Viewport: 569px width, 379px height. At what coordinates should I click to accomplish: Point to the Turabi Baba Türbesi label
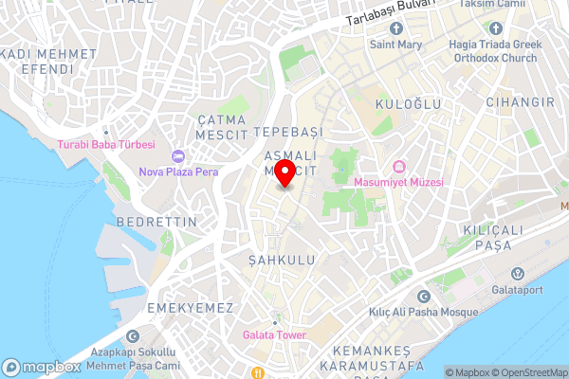coord(105,144)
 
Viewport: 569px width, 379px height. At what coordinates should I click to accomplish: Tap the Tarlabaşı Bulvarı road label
coord(389,11)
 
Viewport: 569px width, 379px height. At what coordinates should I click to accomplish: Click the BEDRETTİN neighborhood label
coord(156,221)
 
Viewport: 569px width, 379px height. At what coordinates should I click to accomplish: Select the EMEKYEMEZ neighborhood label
coord(190,308)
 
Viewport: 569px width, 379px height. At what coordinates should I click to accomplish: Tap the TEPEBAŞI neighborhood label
coord(289,131)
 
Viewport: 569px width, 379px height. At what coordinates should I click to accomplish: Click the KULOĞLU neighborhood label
coord(402,100)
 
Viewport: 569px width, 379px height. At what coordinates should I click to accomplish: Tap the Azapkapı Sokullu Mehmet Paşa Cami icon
coord(133,335)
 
